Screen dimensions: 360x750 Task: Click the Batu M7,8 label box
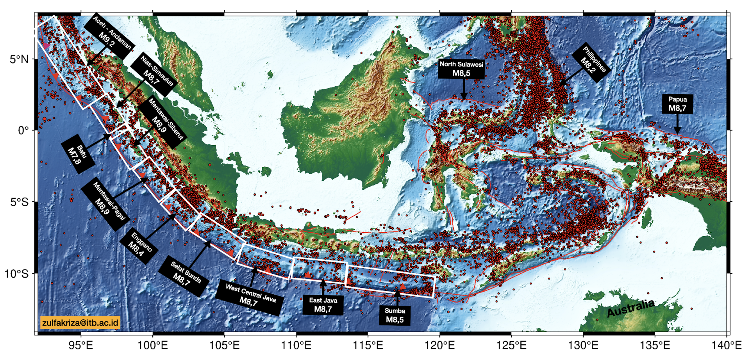tap(78, 154)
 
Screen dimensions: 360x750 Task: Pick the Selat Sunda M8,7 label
tap(184, 276)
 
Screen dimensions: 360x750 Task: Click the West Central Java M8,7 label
tap(250, 297)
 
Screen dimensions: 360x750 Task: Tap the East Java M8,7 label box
tap(323, 305)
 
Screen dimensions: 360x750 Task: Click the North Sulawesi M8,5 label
tap(461, 69)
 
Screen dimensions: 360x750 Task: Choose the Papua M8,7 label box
tap(677, 104)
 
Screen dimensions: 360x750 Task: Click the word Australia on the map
tap(630, 308)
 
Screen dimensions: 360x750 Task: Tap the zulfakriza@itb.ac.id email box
tap(80, 323)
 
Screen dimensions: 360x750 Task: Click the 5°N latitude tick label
tap(19, 59)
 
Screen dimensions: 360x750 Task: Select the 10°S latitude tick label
tap(16, 274)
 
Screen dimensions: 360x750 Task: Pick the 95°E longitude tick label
tap(81, 345)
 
